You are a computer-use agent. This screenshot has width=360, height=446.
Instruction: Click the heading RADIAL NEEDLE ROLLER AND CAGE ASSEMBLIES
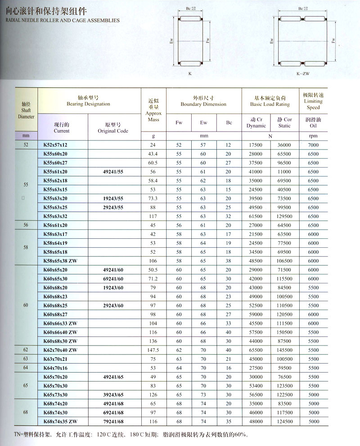[60, 20]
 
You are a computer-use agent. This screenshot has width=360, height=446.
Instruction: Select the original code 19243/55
[113, 199]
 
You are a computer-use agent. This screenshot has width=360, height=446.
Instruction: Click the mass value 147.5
[154, 350]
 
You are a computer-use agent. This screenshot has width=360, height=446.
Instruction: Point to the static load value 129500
[284, 216]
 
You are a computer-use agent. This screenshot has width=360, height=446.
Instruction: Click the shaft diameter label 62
[26, 350]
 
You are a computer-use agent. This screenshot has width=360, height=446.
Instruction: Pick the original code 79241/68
[113, 421]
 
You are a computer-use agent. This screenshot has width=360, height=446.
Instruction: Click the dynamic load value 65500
[256, 350]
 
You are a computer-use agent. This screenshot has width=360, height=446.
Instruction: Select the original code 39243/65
[113, 395]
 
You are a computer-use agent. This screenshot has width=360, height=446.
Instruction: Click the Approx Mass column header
[154, 110]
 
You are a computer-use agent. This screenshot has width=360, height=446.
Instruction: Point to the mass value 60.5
[154, 163]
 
